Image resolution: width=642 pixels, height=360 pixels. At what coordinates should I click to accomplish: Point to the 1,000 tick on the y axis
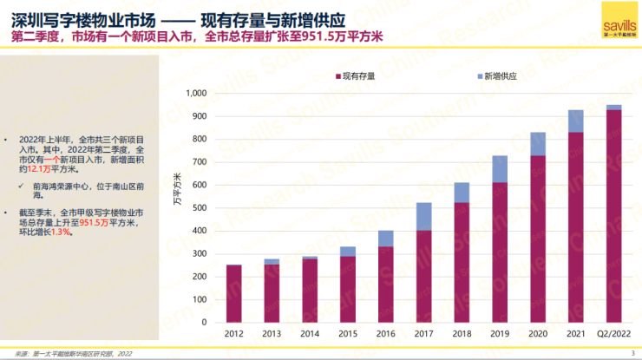(x=194, y=94)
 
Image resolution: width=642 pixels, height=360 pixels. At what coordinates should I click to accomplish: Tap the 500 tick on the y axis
(x=198, y=208)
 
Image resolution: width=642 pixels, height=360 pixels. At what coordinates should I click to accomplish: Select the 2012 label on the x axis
(x=233, y=333)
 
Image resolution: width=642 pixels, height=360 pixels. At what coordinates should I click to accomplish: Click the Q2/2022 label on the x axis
(x=613, y=333)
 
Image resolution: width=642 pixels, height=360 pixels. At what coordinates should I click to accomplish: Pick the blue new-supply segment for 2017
(x=423, y=216)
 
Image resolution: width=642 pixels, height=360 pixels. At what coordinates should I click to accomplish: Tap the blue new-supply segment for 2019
(x=499, y=169)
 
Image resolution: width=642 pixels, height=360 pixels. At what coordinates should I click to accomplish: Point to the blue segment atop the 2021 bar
(x=575, y=121)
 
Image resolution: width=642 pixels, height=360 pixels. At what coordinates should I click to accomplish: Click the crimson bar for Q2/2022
(x=613, y=216)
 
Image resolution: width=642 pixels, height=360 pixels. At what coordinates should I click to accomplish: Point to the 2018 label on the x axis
(x=462, y=333)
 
